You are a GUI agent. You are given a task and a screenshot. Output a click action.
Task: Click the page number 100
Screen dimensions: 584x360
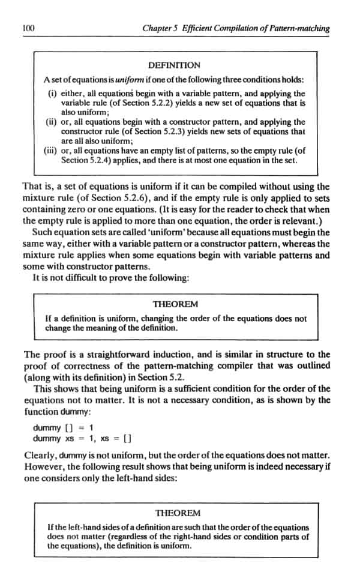pos(26,29)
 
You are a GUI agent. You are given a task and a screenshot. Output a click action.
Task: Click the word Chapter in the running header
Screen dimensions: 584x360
pos(157,29)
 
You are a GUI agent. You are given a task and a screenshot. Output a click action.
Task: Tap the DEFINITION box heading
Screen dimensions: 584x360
pos(174,65)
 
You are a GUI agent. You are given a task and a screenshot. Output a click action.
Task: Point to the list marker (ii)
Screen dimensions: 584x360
pos(52,122)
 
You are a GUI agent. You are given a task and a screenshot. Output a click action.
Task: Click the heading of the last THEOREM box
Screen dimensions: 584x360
pos(178,513)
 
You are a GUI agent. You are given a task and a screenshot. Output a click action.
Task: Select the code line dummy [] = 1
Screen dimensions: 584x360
pos(63,427)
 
